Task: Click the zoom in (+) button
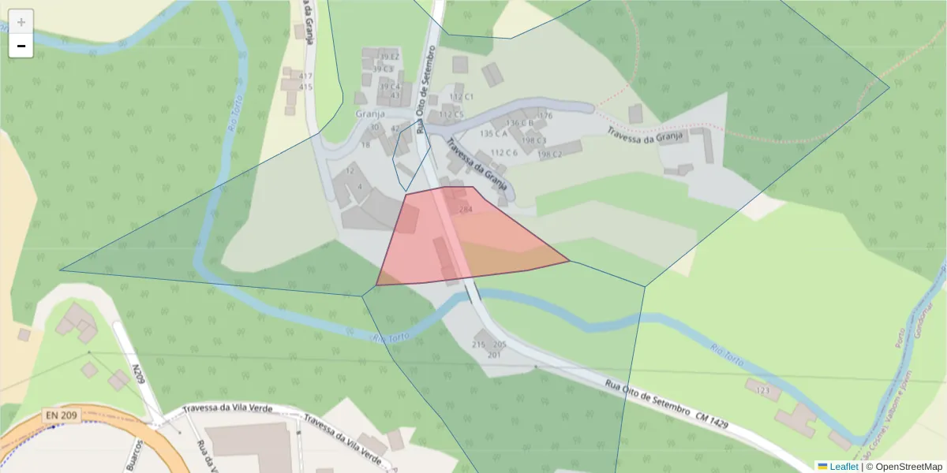click(x=21, y=22)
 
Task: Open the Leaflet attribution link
click(x=844, y=467)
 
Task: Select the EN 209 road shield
click(x=62, y=415)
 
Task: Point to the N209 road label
click(x=139, y=378)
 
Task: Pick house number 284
click(x=465, y=210)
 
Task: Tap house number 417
click(x=306, y=76)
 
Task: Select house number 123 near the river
click(x=762, y=390)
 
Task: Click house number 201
click(x=494, y=355)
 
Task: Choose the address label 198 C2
click(x=550, y=155)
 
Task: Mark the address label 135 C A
click(x=493, y=134)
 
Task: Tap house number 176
click(x=545, y=117)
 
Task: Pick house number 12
click(x=350, y=170)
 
